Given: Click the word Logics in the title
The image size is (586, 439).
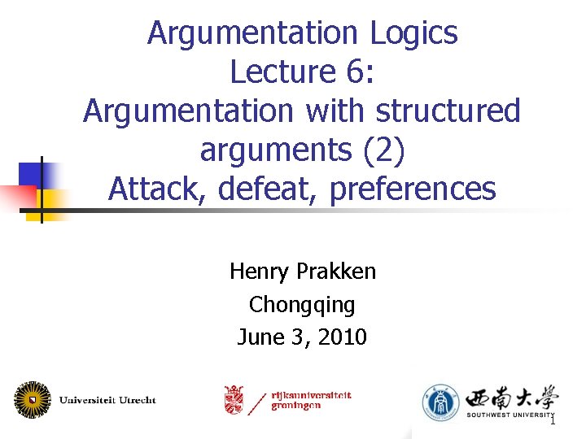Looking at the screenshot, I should pos(413,33).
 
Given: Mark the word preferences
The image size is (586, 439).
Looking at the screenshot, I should pos(413,189).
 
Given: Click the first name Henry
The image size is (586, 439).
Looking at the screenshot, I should pos(256,271).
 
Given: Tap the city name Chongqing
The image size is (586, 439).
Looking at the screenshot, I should pos(302,304).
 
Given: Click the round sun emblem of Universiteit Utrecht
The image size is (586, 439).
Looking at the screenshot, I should pos(32,399).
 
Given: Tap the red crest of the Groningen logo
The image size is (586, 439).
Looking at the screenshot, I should pos(234,399).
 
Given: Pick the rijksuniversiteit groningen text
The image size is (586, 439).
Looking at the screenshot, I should pos(312,400).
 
